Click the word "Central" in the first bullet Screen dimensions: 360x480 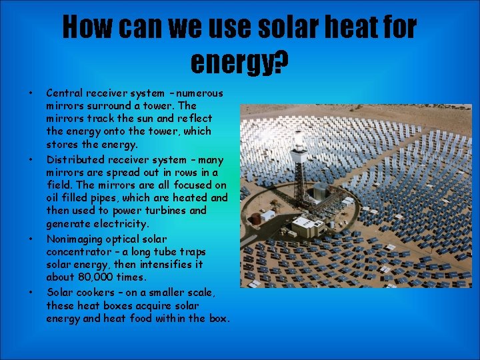pos(64,93)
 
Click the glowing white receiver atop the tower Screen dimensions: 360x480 pos(299,142)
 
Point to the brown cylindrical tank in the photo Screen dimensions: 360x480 pos(254,218)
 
